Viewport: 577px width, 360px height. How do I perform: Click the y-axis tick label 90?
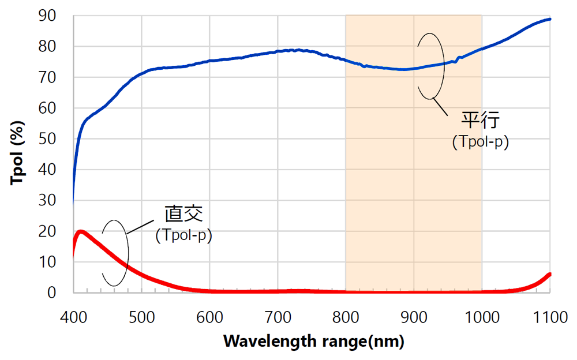tap(48, 16)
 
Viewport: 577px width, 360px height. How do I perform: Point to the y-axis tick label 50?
tap(48, 138)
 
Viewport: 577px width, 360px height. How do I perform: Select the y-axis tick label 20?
tap(48, 231)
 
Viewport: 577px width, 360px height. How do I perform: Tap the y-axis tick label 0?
tap(52, 292)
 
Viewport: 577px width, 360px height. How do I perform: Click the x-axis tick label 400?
tap(73, 317)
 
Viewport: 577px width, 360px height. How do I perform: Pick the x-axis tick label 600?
tap(209, 317)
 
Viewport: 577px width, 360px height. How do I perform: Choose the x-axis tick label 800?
tap(346, 317)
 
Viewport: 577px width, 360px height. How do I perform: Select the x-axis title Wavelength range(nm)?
tap(314, 341)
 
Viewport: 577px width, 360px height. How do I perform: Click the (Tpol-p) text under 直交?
tap(183, 235)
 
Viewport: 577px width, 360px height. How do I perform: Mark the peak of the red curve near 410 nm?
tap(81, 232)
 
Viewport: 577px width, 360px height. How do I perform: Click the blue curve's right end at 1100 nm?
tap(550, 19)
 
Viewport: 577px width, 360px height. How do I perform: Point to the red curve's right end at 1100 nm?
tap(550, 274)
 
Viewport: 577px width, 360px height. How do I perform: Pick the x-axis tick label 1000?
tap(482, 317)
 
